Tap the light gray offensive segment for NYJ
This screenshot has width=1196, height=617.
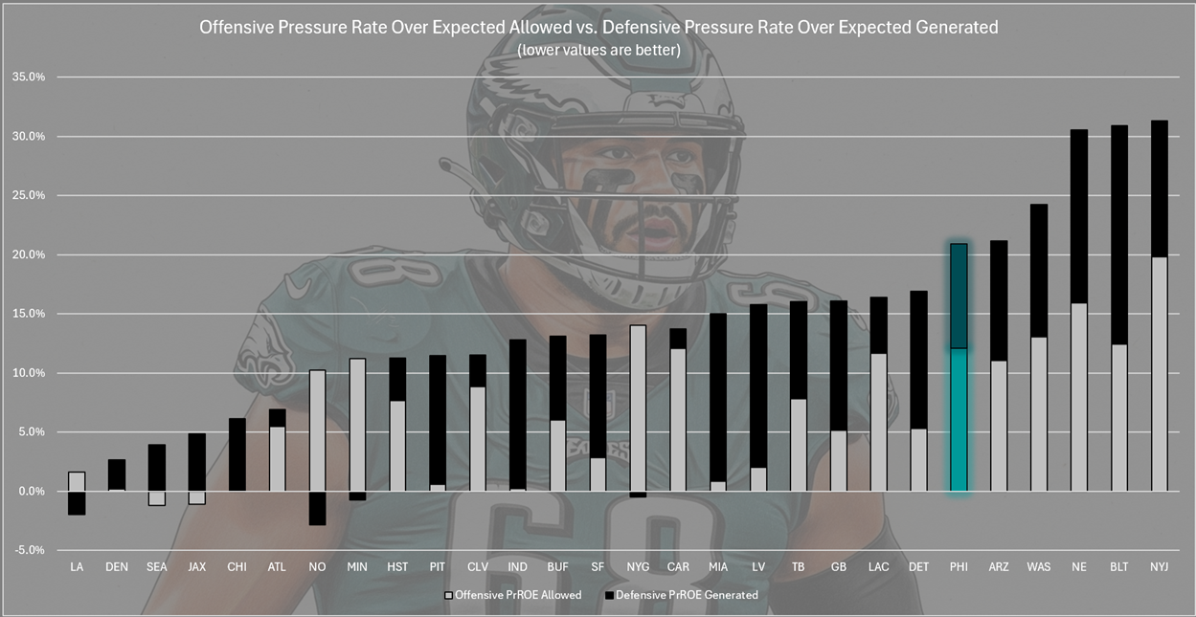point(1159,373)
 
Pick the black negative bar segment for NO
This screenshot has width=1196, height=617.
point(317,508)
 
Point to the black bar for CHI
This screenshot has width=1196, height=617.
point(237,454)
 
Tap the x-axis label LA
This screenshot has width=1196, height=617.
point(77,567)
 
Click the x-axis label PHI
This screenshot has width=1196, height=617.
point(959,567)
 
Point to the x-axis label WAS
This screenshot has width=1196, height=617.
point(1039,567)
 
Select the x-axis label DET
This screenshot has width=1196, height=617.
point(918,567)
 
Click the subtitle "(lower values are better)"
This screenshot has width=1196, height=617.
point(598,51)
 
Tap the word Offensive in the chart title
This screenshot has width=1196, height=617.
point(237,28)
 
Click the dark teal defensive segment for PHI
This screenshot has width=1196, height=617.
point(959,296)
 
